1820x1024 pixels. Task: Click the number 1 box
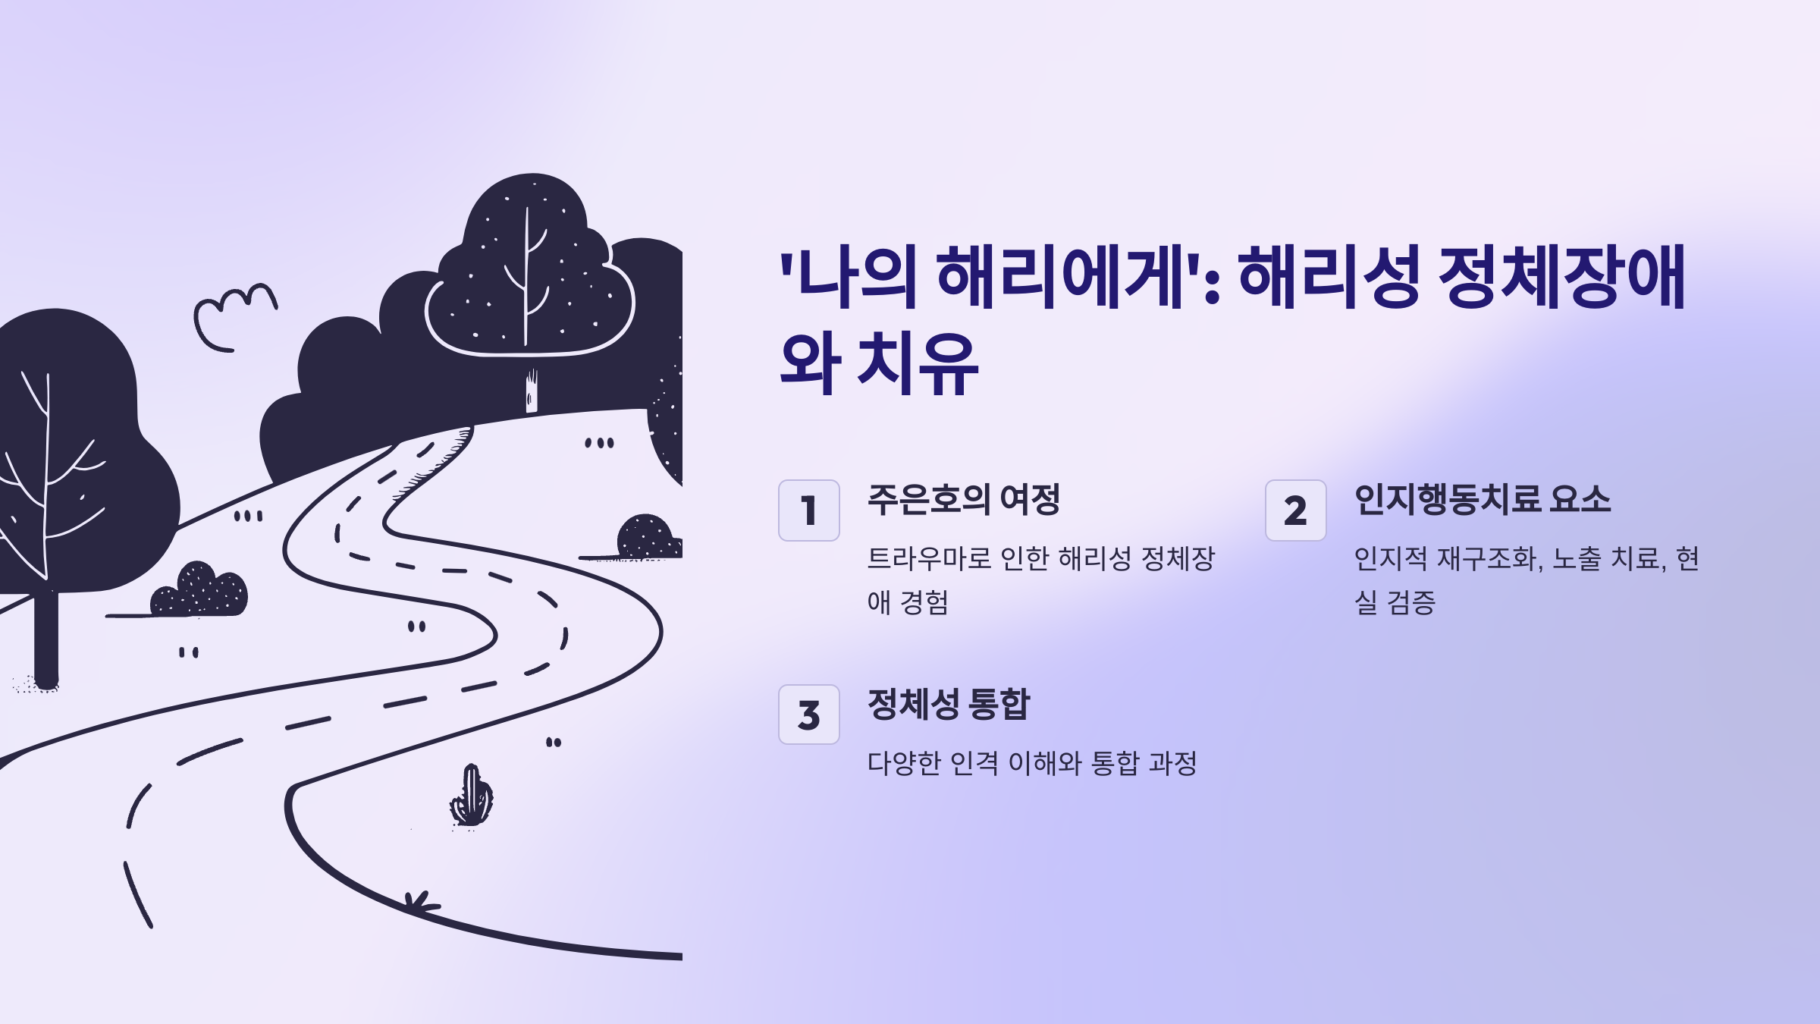point(808,510)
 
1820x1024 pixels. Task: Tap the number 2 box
point(1295,510)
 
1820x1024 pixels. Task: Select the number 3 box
point(808,715)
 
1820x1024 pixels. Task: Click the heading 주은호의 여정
point(963,500)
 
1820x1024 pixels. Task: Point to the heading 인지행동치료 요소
point(1482,500)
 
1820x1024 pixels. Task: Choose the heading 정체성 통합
point(948,705)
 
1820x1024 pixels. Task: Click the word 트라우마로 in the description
point(929,559)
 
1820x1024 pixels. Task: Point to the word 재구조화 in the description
point(1486,559)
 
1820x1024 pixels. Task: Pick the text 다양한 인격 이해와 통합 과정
point(1031,763)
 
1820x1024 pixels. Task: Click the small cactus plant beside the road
point(472,796)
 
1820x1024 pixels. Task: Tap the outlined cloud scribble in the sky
point(231,315)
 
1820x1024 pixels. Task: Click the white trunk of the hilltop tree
point(532,391)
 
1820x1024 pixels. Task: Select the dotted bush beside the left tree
point(199,592)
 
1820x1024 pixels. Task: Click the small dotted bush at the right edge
point(647,537)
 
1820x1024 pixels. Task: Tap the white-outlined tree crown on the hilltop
point(529,296)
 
